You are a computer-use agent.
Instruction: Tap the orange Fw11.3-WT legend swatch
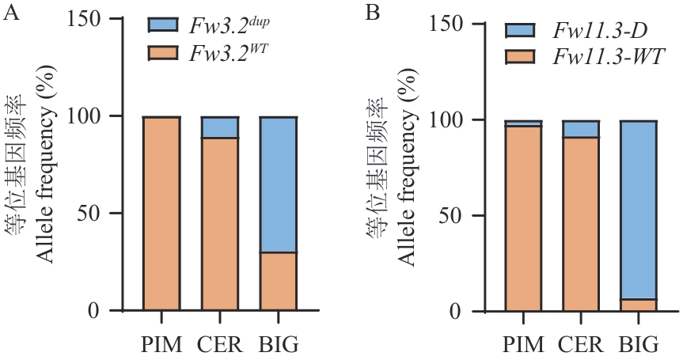(x=522, y=58)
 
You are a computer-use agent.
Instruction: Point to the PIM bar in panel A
(x=161, y=214)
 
